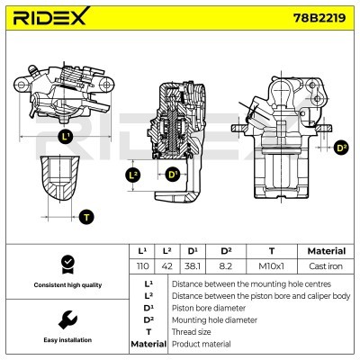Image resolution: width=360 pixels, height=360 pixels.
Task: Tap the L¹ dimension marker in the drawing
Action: point(65,137)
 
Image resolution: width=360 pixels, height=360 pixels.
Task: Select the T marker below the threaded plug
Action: point(85,216)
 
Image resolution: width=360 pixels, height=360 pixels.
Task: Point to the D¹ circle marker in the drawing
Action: point(171,174)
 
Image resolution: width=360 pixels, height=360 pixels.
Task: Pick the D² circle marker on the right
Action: point(340,147)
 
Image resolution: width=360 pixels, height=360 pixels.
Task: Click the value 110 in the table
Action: point(141,267)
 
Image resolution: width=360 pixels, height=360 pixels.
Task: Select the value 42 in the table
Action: point(167,267)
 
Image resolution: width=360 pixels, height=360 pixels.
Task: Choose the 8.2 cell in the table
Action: point(227,267)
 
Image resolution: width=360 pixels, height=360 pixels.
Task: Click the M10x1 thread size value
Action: point(271,267)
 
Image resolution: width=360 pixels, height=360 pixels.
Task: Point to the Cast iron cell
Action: point(326,267)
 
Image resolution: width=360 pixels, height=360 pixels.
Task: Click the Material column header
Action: point(326,251)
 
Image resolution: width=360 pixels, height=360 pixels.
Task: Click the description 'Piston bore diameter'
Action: point(207,307)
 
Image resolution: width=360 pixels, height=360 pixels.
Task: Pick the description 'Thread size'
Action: point(193,331)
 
